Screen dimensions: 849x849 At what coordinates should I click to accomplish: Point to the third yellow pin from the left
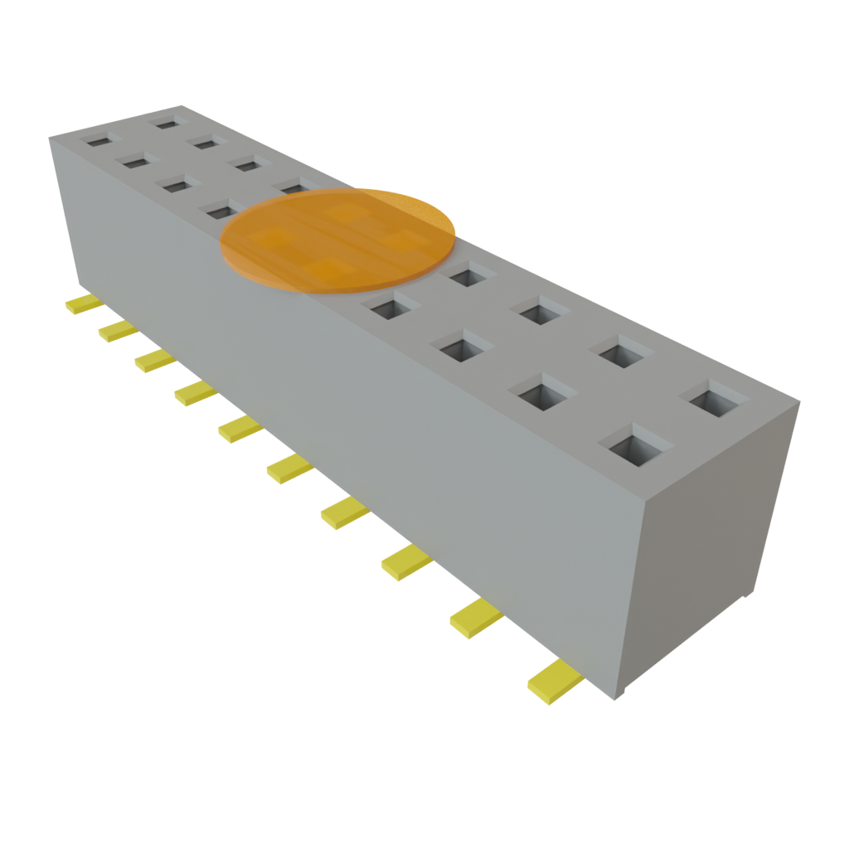(x=153, y=359)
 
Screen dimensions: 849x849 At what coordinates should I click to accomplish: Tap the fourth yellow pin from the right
(x=344, y=512)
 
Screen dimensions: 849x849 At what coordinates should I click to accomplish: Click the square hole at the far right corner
(x=711, y=401)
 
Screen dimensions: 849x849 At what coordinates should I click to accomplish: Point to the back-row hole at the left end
(x=168, y=124)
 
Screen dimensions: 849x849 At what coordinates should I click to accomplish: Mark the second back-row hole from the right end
(x=621, y=353)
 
